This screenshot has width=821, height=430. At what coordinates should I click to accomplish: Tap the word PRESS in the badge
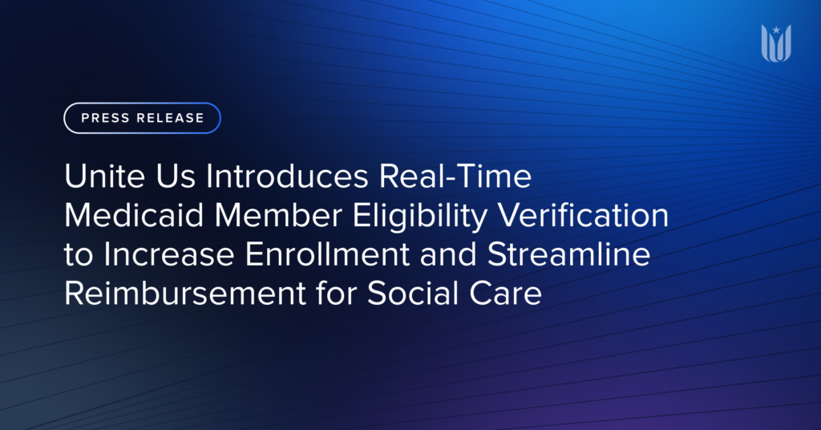pos(105,118)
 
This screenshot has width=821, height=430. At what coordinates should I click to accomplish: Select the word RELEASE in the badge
pos(170,118)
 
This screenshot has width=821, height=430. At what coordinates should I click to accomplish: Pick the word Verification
pos(593,217)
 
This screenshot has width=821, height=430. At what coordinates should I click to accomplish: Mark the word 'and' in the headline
pos(441,255)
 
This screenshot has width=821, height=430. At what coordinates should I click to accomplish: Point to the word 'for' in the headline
pos(330,294)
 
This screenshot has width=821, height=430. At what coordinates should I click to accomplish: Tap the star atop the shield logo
pos(776,30)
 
